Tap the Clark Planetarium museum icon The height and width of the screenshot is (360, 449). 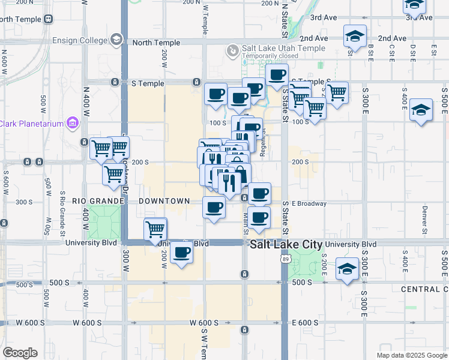click(73, 123)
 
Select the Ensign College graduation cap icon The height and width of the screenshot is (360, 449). click(116, 40)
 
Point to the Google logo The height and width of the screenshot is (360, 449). click(20, 353)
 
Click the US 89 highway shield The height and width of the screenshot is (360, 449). click(286, 259)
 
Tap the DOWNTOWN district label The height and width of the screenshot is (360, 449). click(164, 201)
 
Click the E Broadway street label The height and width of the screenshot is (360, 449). click(309, 203)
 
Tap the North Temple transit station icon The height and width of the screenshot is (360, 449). click(48, 19)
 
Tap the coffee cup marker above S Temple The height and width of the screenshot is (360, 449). click(277, 75)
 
